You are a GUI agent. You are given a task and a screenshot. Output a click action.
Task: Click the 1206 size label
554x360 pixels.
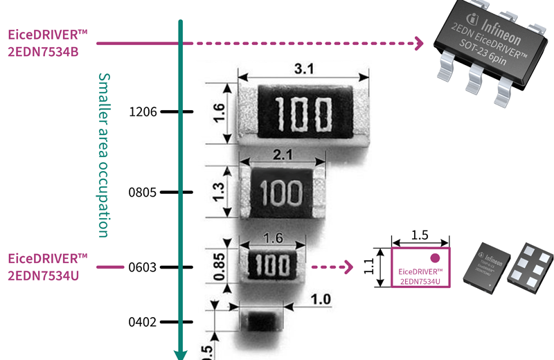143,111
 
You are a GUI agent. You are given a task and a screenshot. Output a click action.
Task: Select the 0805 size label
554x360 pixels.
143,192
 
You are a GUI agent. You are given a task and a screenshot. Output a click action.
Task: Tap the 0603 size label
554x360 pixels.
143,267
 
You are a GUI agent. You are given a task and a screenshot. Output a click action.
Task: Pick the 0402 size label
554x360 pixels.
143,322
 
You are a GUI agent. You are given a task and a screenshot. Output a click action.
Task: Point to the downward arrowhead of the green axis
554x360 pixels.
180,354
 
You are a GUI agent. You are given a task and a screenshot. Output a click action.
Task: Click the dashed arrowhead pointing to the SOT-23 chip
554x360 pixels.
418,44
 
